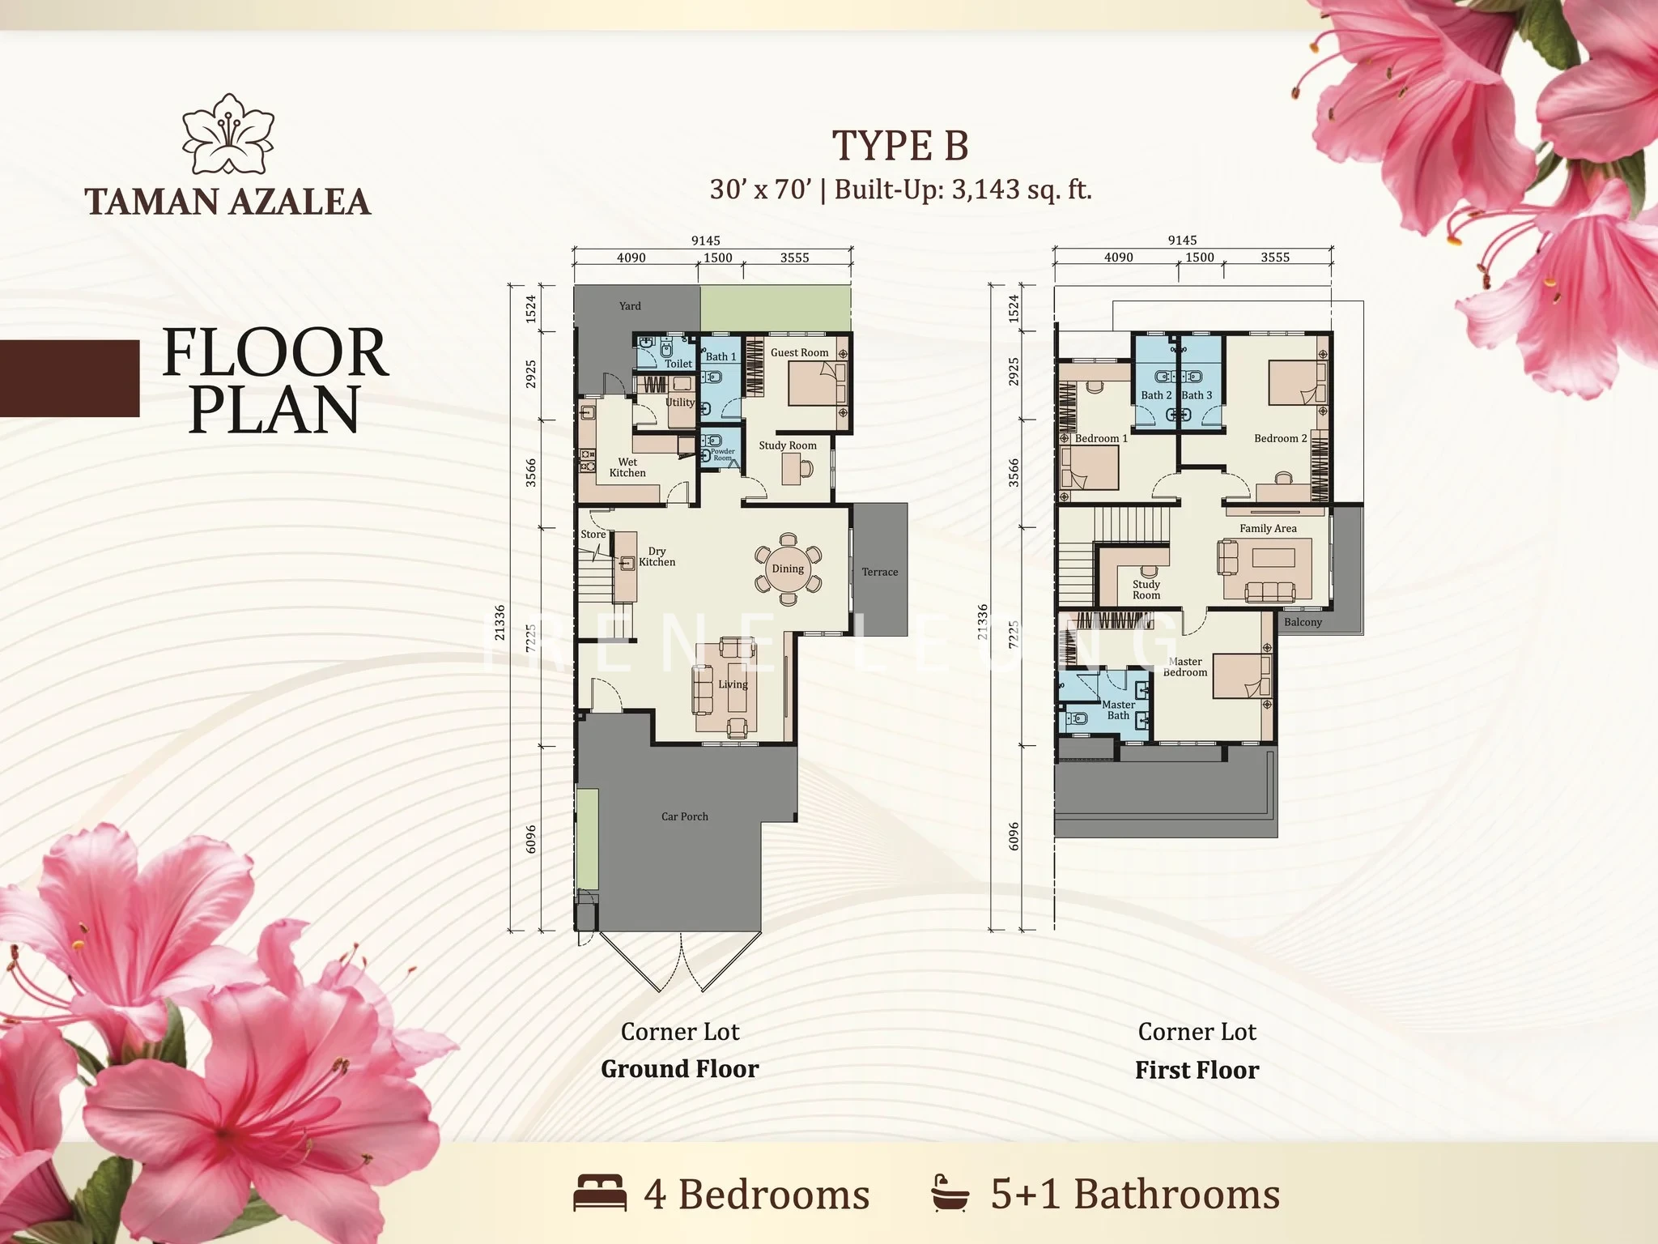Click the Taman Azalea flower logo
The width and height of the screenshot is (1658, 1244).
click(227, 134)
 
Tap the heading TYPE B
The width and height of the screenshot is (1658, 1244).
click(900, 146)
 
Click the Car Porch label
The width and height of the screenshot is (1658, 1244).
click(684, 816)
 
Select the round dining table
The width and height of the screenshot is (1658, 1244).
click(788, 569)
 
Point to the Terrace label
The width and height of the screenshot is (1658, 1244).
click(880, 572)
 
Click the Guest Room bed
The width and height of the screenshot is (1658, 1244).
click(818, 384)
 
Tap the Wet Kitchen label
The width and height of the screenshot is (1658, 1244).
click(627, 467)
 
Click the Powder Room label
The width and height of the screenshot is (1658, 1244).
click(723, 454)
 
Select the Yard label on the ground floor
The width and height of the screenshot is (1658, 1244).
click(630, 306)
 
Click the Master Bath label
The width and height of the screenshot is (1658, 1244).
click(1118, 709)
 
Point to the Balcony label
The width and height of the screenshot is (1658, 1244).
click(1303, 622)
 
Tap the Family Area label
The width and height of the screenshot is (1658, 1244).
click(1268, 528)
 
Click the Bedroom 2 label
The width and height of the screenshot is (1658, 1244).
click(1280, 438)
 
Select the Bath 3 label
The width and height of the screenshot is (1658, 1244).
click(1197, 395)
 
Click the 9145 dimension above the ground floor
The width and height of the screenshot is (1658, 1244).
click(705, 241)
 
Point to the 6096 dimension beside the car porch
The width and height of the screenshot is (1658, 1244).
click(531, 839)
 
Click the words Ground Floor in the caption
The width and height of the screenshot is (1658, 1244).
click(680, 1069)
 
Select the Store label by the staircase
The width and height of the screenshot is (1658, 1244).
click(593, 535)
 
